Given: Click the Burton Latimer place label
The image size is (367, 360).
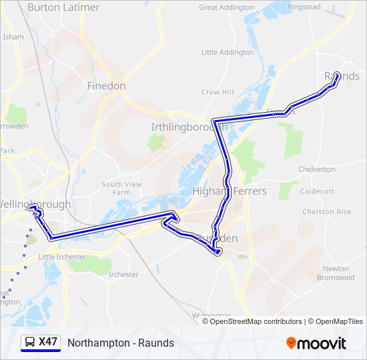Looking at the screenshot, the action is (x=63, y=7).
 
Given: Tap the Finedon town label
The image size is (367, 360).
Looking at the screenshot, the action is (x=106, y=86).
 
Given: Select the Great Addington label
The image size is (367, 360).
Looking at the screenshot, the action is (x=227, y=7).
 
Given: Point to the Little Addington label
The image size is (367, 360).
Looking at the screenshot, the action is (x=228, y=52).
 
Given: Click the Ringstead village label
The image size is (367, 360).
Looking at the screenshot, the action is (x=304, y=7).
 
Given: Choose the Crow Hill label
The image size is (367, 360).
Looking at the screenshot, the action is (x=218, y=92).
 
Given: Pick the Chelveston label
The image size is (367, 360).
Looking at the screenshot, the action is (x=317, y=169).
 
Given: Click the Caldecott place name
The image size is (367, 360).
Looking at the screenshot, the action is (x=318, y=191).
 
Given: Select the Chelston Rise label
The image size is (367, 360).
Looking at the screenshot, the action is (x=326, y=212).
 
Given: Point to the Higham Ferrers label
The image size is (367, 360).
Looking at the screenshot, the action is (x=229, y=191).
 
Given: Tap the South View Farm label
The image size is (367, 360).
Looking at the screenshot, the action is (x=121, y=188).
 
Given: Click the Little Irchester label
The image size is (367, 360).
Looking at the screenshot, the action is (x=62, y=257).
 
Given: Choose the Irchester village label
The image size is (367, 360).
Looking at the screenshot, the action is (x=123, y=275).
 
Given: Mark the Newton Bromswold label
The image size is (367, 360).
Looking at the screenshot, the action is (x=336, y=273).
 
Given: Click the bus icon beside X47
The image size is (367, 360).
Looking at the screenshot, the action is (x=30, y=343).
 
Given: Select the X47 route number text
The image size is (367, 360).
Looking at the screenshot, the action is (x=48, y=343).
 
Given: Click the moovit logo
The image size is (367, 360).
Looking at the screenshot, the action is (x=316, y=343).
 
